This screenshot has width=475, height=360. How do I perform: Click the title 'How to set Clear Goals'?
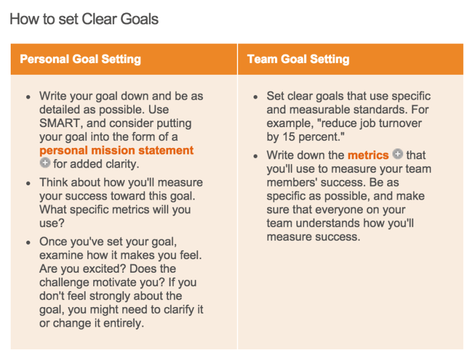(x=84, y=19)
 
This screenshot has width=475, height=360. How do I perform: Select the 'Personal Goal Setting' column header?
(x=80, y=59)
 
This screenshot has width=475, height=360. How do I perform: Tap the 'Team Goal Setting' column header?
(x=298, y=59)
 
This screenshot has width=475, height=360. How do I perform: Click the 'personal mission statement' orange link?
(x=116, y=151)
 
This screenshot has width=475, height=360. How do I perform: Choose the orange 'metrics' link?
(x=368, y=155)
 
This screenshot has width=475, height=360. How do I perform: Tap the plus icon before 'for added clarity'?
(x=45, y=164)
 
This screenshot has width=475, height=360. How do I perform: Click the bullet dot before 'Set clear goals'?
(x=255, y=97)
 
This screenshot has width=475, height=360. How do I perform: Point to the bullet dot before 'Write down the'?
(x=255, y=156)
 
